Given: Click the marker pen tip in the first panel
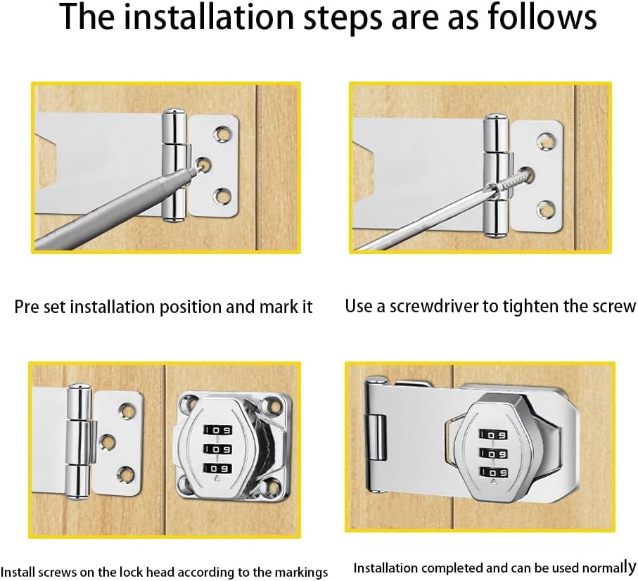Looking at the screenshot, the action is tap(194, 170).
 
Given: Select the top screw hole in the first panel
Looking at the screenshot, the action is tap(222, 134).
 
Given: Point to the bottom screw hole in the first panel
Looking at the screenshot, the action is tap(222, 196).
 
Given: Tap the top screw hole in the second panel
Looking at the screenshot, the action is tap(545, 141).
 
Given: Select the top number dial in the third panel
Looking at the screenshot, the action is tap(218, 430).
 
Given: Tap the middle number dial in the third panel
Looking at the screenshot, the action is tap(218, 449).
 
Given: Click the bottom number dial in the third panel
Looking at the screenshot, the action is tap(218, 468).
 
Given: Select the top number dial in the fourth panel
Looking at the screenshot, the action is tap(493, 435).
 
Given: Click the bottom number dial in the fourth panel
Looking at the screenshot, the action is tap(493, 472).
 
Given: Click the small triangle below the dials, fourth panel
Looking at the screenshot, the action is tap(495, 483).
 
